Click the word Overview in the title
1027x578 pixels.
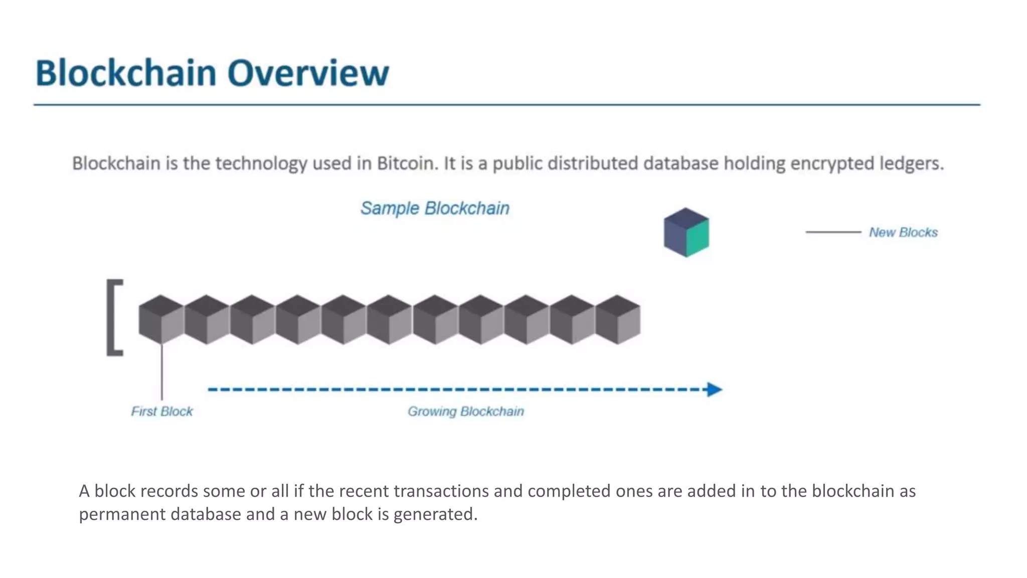click(x=308, y=73)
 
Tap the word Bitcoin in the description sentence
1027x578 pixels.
click(x=406, y=164)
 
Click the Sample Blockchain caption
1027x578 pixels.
click(x=435, y=208)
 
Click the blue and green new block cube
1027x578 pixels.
click(x=686, y=233)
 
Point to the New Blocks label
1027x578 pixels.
click(x=903, y=232)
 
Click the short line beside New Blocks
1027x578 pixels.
click(x=833, y=232)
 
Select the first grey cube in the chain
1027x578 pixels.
click(x=161, y=320)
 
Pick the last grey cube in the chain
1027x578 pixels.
click(x=618, y=320)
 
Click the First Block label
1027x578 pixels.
click(x=161, y=411)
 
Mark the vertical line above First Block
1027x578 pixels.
click(x=161, y=371)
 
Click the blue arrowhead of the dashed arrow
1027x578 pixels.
click(x=714, y=389)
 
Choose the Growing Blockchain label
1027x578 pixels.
click(x=465, y=411)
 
